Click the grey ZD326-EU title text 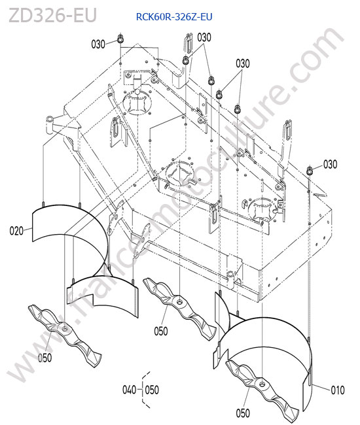coord(52,16)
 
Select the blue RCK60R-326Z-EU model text coord(174,17)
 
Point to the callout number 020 coord(16,231)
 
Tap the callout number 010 coord(338,390)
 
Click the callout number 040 coord(129,390)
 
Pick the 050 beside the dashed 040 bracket coord(152,390)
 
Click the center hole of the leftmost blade coord(65,329)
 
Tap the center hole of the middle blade coord(179,301)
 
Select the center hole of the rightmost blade coord(262,384)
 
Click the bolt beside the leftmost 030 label coord(120,39)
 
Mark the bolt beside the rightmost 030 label coord(310,171)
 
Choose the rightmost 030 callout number coord(330,164)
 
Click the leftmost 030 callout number coord(98,44)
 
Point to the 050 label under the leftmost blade coord(45,358)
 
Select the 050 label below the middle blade coord(161,331)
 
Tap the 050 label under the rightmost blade coord(243,413)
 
